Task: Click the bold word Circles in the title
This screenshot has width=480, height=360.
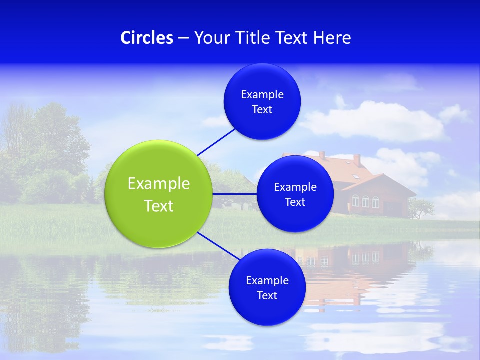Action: coord(147,38)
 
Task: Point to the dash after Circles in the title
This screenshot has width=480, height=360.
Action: coord(183,38)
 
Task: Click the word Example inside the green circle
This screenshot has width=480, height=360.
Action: coord(159,184)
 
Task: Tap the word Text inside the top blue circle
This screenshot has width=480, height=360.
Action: coord(262,110)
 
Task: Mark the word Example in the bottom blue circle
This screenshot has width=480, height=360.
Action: coord(267,280)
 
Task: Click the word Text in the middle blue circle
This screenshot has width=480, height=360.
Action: coord(295,202)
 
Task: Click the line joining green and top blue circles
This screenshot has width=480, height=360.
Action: coord(216,141)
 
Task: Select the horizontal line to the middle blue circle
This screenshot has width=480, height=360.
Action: coord(234,194)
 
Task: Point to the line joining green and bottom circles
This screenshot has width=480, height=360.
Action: coord(218,246)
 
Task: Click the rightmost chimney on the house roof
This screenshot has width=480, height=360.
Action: coord(357,160)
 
